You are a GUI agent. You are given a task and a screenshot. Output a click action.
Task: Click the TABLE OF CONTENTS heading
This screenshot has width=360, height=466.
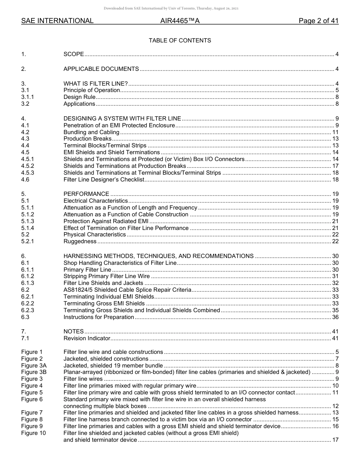tap(180, 41)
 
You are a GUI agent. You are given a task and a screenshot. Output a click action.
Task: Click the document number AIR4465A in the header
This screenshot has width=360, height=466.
tap(180, 21)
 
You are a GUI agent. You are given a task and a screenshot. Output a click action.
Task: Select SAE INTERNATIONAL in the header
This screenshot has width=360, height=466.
tap(57, 21)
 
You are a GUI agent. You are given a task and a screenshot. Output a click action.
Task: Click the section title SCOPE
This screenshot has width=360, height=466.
tap(74, 55)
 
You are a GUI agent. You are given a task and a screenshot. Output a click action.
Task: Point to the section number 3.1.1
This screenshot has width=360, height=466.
tap(28, 97)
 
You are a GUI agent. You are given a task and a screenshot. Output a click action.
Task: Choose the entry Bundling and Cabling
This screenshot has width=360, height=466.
tap(91, 132)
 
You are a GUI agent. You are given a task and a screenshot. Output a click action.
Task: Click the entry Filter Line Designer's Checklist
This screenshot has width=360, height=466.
tap(104, 180)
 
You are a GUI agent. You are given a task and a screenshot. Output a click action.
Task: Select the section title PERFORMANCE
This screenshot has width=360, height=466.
tap(86, 194)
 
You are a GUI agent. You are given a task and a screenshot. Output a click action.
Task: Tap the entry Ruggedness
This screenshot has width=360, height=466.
tap(80, 241)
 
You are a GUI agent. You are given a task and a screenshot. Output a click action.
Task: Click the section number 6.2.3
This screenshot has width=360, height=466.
tap(28, 310)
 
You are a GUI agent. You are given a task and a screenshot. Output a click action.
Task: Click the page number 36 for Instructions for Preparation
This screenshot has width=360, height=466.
tap(335, 317)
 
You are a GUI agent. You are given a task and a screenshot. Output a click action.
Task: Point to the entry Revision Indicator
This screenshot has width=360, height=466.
tap(87, 338)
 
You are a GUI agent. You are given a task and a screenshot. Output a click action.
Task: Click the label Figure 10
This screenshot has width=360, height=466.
tap(33, 433)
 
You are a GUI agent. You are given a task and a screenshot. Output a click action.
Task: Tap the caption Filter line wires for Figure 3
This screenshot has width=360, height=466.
tap(83, 379)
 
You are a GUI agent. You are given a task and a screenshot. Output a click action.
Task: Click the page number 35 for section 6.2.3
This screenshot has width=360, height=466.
tap(335, 310)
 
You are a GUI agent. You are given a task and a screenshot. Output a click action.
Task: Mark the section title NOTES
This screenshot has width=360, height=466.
tap(74, 332)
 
